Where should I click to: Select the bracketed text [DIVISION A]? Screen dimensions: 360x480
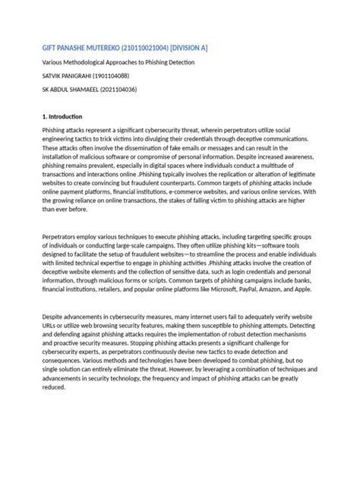(x=183, y=48)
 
